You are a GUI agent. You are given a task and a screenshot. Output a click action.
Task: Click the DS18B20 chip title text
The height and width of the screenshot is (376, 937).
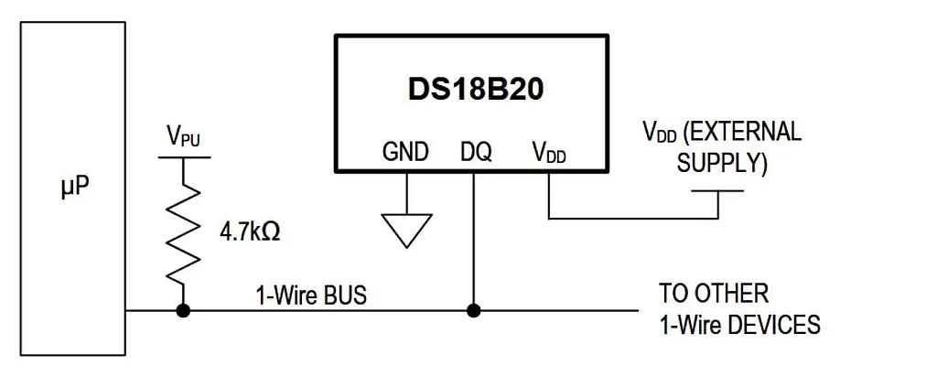(x=473, y=90)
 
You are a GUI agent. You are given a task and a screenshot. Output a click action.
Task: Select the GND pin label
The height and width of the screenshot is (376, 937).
(x=405, y=152)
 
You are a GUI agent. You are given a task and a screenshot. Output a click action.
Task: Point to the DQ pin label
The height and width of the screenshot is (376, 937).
(x=476, y=152)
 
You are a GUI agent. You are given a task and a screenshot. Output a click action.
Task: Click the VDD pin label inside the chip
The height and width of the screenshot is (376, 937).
(x=548, y=153)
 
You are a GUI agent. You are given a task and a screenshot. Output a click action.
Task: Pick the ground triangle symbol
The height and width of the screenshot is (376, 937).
(x=406, y=229)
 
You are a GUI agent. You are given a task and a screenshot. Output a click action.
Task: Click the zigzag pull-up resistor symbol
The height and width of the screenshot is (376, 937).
(x=183, y=232)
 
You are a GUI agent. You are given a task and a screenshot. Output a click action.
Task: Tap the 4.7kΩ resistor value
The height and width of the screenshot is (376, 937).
(x=249, y=231)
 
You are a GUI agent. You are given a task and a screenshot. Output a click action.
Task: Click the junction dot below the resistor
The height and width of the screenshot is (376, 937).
(x=183, y=311)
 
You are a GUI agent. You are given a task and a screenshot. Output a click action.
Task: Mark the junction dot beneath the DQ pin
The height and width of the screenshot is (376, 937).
(x=473, y=311)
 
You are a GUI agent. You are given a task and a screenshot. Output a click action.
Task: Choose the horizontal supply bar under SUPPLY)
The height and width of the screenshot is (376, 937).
(x=717, y=191)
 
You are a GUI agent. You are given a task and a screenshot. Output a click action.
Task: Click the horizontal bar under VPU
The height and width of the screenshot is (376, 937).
(x=183, y=157)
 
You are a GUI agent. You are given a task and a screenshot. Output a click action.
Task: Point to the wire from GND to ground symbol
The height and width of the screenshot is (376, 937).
(x=406, y=191)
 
